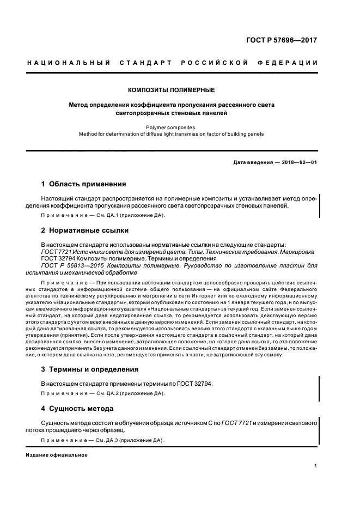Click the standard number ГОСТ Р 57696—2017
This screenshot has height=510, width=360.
[x=281, y=40]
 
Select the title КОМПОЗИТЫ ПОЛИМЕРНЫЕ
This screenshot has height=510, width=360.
[x=171, y=89]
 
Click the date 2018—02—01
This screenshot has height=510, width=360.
[x=300, y=162]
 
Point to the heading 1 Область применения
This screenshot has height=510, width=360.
[x=84, y=184]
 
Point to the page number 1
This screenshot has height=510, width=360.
[x=316, y=466]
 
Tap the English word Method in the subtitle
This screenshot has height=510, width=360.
[x=87, y=133]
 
